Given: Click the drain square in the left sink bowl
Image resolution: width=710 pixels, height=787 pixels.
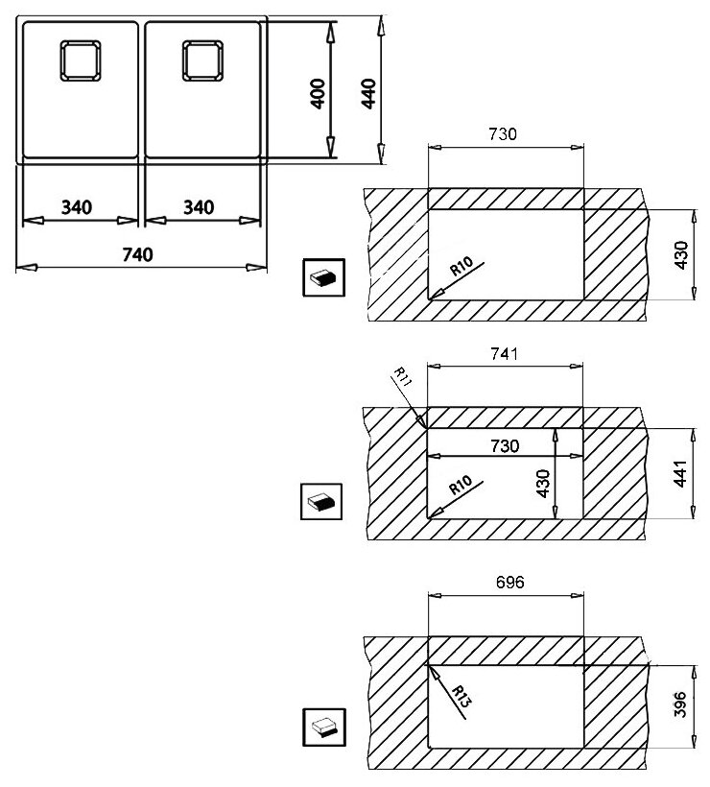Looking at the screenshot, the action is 81,60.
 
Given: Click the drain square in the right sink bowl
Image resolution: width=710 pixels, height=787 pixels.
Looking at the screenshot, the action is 202,60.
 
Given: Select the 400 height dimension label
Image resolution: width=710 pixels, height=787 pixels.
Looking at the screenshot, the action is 318,93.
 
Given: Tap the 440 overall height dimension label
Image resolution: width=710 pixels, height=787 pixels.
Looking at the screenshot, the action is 367,93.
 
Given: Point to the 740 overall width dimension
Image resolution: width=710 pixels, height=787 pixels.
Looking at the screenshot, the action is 137,255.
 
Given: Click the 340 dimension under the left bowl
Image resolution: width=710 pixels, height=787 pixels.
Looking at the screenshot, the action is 76,207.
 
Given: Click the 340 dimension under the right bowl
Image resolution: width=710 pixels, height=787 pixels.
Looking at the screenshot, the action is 199,207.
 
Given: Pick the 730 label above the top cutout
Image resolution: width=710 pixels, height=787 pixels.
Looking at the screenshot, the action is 502,134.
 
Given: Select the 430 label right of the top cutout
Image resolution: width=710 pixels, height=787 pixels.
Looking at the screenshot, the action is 681,255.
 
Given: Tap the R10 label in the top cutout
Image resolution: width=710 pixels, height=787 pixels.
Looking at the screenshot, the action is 461,266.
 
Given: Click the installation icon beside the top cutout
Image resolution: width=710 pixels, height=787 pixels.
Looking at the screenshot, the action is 323,277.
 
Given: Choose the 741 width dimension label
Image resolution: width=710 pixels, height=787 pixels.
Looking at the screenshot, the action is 505,354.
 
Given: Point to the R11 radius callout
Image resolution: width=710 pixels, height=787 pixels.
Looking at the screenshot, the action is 402,376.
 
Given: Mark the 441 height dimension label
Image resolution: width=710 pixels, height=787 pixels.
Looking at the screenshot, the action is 680,473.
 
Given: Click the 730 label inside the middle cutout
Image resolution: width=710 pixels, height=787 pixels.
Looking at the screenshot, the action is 505,445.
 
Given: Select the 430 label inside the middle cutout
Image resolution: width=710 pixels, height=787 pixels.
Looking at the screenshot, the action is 543,484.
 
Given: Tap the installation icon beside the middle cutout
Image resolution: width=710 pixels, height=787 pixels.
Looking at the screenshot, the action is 321,501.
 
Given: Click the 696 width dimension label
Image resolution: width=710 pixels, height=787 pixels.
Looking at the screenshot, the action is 509,583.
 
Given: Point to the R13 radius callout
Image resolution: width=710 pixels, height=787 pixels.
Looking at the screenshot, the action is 461,697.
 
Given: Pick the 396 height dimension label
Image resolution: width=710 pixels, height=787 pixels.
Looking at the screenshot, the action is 680,704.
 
